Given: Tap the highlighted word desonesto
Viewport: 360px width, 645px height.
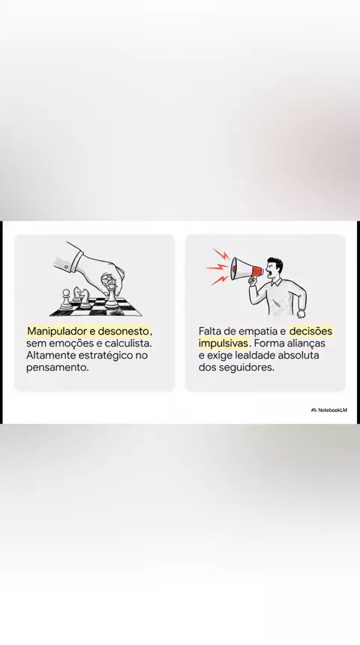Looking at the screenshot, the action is pos(123,331).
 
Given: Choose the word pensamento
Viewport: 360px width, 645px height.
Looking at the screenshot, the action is pos(57,367).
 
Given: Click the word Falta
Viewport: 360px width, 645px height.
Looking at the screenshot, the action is pos(210,331).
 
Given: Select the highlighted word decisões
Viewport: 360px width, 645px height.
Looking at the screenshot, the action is pos(310,331).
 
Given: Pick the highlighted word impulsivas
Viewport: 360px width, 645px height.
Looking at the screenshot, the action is pos(223,343).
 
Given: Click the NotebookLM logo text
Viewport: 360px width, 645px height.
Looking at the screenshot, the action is pos(332,409).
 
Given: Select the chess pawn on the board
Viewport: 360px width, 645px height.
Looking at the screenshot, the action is pos(65,299).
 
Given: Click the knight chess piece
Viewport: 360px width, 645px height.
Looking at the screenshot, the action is pos(85,298).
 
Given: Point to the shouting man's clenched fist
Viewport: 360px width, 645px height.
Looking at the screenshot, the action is pos(301,313).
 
